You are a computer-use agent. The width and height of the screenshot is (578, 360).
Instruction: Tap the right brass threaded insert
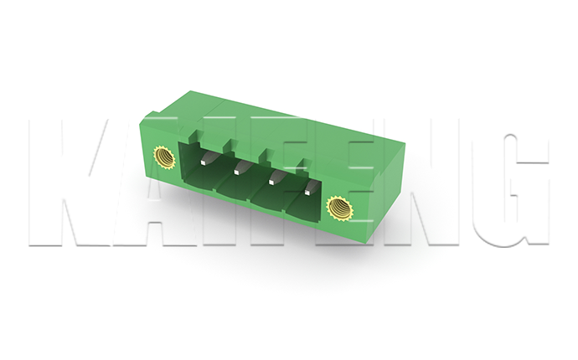click(339, 208)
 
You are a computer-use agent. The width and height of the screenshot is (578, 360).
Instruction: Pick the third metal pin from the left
click(277, 177)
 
